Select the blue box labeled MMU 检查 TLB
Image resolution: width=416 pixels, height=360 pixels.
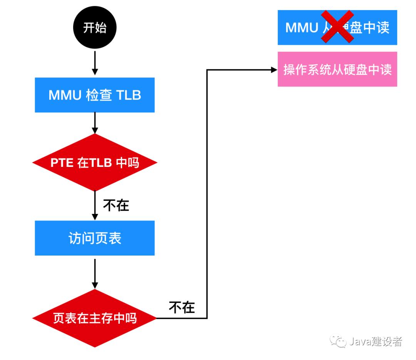(x=94, y=95)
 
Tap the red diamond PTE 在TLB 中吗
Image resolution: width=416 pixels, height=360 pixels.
(x=94, y=163)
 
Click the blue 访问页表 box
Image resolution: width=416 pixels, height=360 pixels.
(x=94, y=238)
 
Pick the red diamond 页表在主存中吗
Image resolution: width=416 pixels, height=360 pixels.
(x=94, y=318)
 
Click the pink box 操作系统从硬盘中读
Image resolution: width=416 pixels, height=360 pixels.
(x=337, y=69)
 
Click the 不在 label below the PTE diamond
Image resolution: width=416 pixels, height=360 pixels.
(x=116, y=205)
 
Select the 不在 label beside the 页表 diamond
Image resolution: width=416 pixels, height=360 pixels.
(x=182, y=307)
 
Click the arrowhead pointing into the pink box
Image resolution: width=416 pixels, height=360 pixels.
(x=274, y=70)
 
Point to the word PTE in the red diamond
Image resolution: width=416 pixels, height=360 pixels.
(x=62, y=163)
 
